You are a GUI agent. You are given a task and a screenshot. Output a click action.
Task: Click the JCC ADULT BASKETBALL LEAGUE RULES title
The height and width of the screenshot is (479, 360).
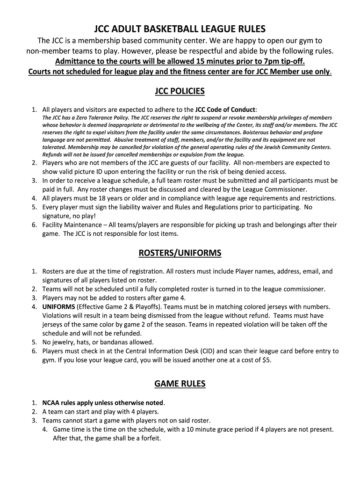(x=180, y=29)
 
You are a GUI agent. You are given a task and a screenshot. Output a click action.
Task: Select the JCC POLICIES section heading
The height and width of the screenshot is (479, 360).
(x=180, y=91)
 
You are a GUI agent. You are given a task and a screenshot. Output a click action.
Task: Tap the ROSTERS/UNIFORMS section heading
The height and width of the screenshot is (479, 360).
(x=180, y=253)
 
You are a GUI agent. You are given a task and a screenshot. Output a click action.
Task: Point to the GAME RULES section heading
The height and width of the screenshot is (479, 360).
(x=180, y=384)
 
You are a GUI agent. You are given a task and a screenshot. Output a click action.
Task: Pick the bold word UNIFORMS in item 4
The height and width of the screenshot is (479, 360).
(x=58, y=307)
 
